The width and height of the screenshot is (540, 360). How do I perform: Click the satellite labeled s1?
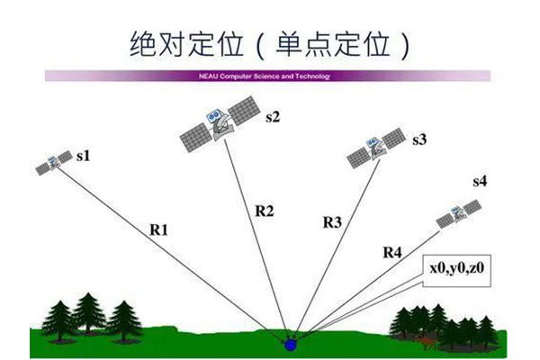coord(54,163)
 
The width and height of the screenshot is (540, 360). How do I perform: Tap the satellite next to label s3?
coord(376,147)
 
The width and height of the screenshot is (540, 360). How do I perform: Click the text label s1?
coord(84,156)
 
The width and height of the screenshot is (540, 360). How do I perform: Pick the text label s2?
coord(273,115)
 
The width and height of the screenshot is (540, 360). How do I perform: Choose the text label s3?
coord(419,139)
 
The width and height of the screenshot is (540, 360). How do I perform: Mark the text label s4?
coord(480,183)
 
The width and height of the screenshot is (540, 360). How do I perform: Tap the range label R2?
coord(265,211)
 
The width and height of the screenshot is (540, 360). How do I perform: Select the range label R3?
coord(331,221)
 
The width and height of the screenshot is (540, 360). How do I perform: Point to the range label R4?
coord(391,252)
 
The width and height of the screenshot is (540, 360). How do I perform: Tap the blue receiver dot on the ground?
coord(292,343)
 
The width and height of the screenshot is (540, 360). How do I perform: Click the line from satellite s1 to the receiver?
coord(171,253)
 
